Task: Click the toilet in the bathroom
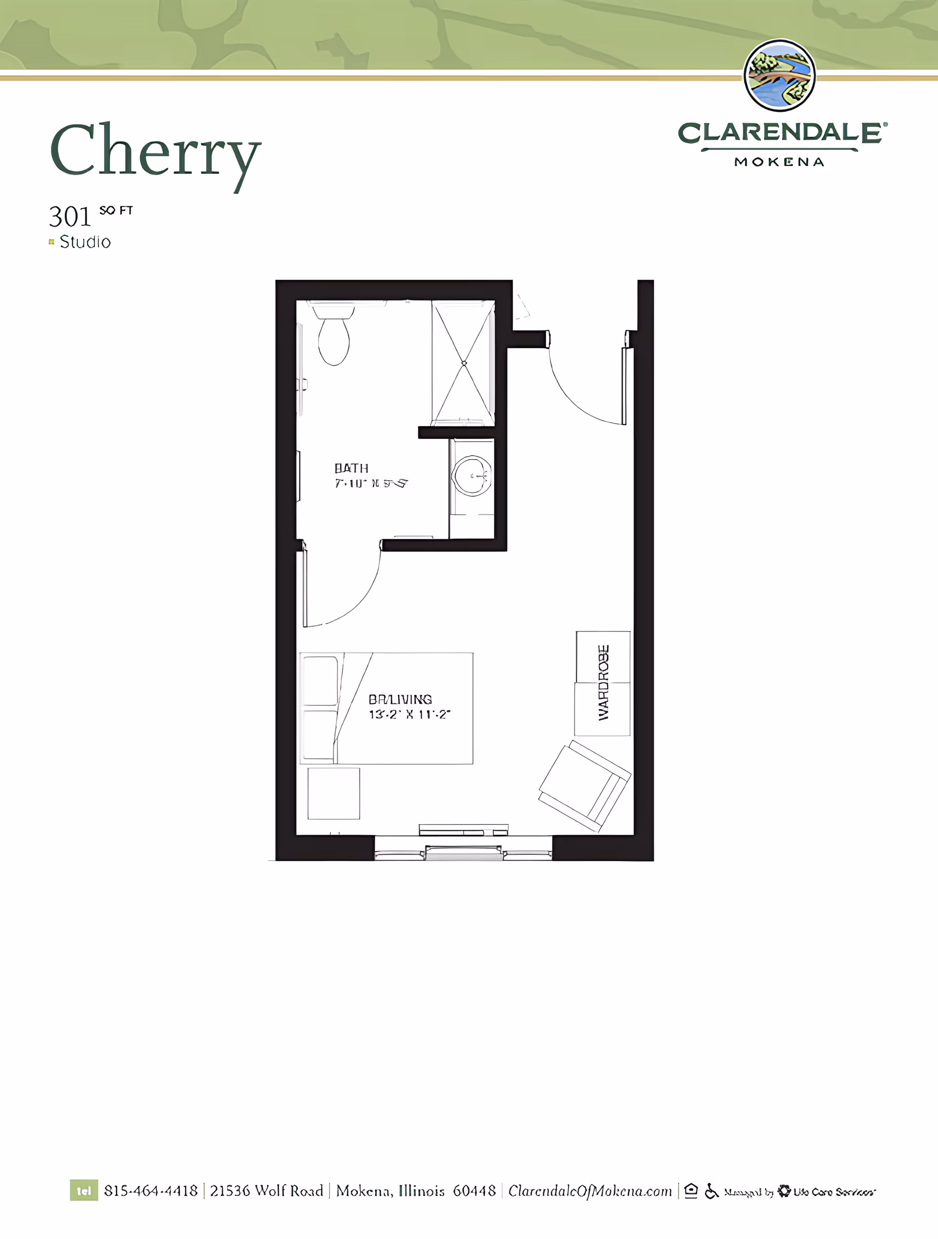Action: coord(334,339)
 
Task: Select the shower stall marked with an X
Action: coord(464,363)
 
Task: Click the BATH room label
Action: coord(351,468)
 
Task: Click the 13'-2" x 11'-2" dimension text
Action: coord(409,714)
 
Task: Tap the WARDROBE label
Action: coord(603,683)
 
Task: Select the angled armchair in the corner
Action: coord(584,785)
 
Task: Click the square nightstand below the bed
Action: coord(333,793)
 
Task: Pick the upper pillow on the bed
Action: coord(320,681)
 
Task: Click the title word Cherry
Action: coord(155,151)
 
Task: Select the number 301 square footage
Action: coord(69,217)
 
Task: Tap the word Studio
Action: coord(85,242)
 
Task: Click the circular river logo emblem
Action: coord(779,75)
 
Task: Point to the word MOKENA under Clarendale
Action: coord(779,162)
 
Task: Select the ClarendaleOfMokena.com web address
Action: coord(590,1191)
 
